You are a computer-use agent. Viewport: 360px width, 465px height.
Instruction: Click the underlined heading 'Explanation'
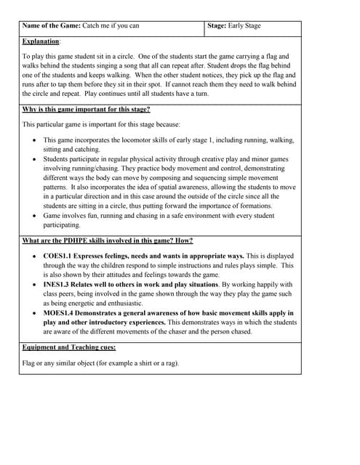coord(40,42)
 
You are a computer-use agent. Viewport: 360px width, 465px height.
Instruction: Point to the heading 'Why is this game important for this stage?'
coord(87,109)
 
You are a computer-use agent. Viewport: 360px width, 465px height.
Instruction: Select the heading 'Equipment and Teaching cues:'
coord(69,347)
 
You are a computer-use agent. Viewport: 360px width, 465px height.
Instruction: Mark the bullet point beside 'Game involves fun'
coord(36,216)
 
